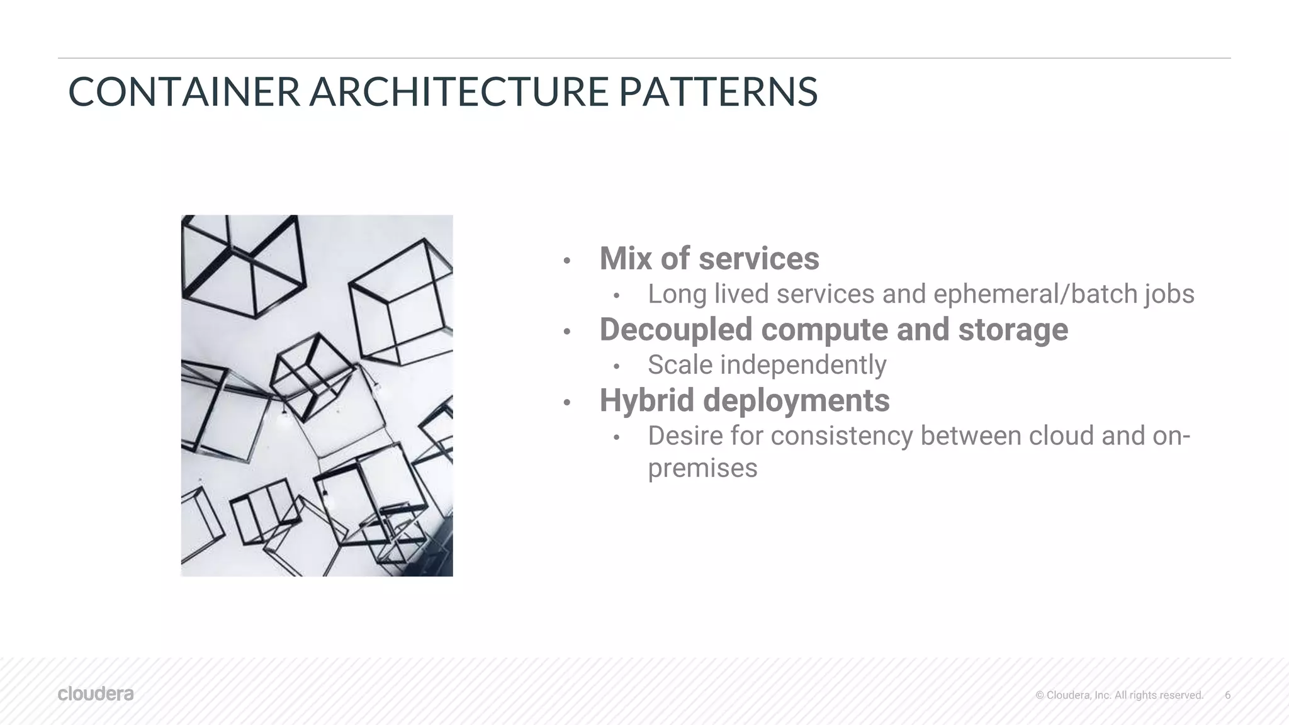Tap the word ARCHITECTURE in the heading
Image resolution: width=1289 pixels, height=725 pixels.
click(458, 92)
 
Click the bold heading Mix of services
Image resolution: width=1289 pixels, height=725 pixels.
click(709, 259)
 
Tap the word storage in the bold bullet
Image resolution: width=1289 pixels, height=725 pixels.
click(1013, 330)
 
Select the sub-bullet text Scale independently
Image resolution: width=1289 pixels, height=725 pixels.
click(767, 365)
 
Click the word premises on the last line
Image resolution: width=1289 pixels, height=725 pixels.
click(702, 468)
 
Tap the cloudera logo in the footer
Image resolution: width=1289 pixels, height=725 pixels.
click(96, 694)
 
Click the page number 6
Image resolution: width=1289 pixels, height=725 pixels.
click(1227, 695)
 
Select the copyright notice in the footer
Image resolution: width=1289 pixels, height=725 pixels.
click(1119, 695)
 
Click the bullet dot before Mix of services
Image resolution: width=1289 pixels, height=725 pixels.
click(566, 261)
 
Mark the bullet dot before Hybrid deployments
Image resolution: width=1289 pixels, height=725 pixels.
click(566, 402)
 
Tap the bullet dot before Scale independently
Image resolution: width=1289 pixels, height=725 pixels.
click(617, 366)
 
